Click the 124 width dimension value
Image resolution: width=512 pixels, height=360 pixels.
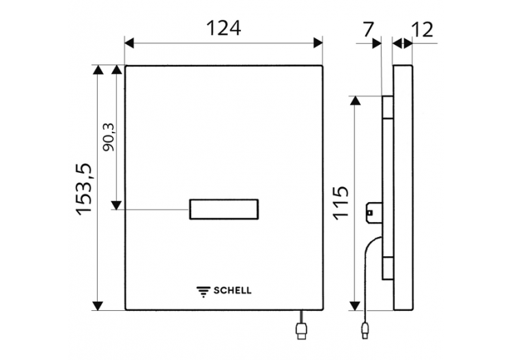tap(224, 28)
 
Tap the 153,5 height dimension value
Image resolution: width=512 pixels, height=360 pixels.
tap(85, 189)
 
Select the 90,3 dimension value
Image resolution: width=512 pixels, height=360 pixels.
tap(109, 137)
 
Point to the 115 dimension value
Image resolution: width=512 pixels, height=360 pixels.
tap(341, 203)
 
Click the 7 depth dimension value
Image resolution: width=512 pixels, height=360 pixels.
tap(368, 30)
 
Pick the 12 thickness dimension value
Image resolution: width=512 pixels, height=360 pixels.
tap(422, 30)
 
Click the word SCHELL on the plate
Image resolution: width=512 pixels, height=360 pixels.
tap(233, 290)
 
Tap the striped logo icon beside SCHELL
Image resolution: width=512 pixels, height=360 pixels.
tap(203, 292)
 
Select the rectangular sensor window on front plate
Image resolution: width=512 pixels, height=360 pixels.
tap(224, 209)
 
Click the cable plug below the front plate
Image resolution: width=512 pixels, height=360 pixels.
tap(301, 331)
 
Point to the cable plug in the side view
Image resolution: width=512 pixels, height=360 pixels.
tap(365, 331)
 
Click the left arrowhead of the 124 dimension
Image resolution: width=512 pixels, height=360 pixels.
tap(129, 43)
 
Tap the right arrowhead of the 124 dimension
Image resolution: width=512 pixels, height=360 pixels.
tap(318, 43)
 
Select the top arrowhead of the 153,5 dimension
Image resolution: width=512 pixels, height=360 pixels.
tap(98, 70)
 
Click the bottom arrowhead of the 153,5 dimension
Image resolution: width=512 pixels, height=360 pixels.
tap(98, 306)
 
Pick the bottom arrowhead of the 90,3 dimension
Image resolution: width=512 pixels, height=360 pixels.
tap(116, 205)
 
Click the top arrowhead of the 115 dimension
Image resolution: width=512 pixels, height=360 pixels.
tap(355, 100)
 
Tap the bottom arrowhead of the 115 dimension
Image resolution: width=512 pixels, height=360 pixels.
tap(355, 306)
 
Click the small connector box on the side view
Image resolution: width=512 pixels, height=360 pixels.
tap(374, 212)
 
